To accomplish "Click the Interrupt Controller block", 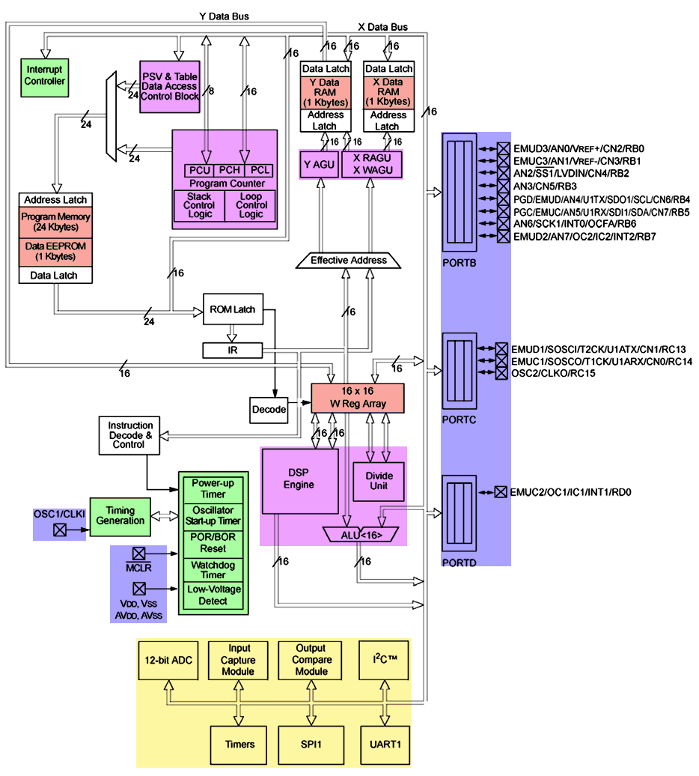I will click(45, 76).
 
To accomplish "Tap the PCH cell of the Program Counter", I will click(229, 170).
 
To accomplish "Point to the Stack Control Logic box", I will click(198, 205).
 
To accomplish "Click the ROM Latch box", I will click(233, 309).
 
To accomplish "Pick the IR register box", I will click(232, 350).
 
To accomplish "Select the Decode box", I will click(269, 410).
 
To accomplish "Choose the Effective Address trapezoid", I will click(349, 260).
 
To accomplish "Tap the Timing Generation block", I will click(120, 515).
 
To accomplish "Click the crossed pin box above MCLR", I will click(138, 554).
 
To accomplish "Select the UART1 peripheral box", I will click(385, 745).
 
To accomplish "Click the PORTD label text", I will click(459, 562).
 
